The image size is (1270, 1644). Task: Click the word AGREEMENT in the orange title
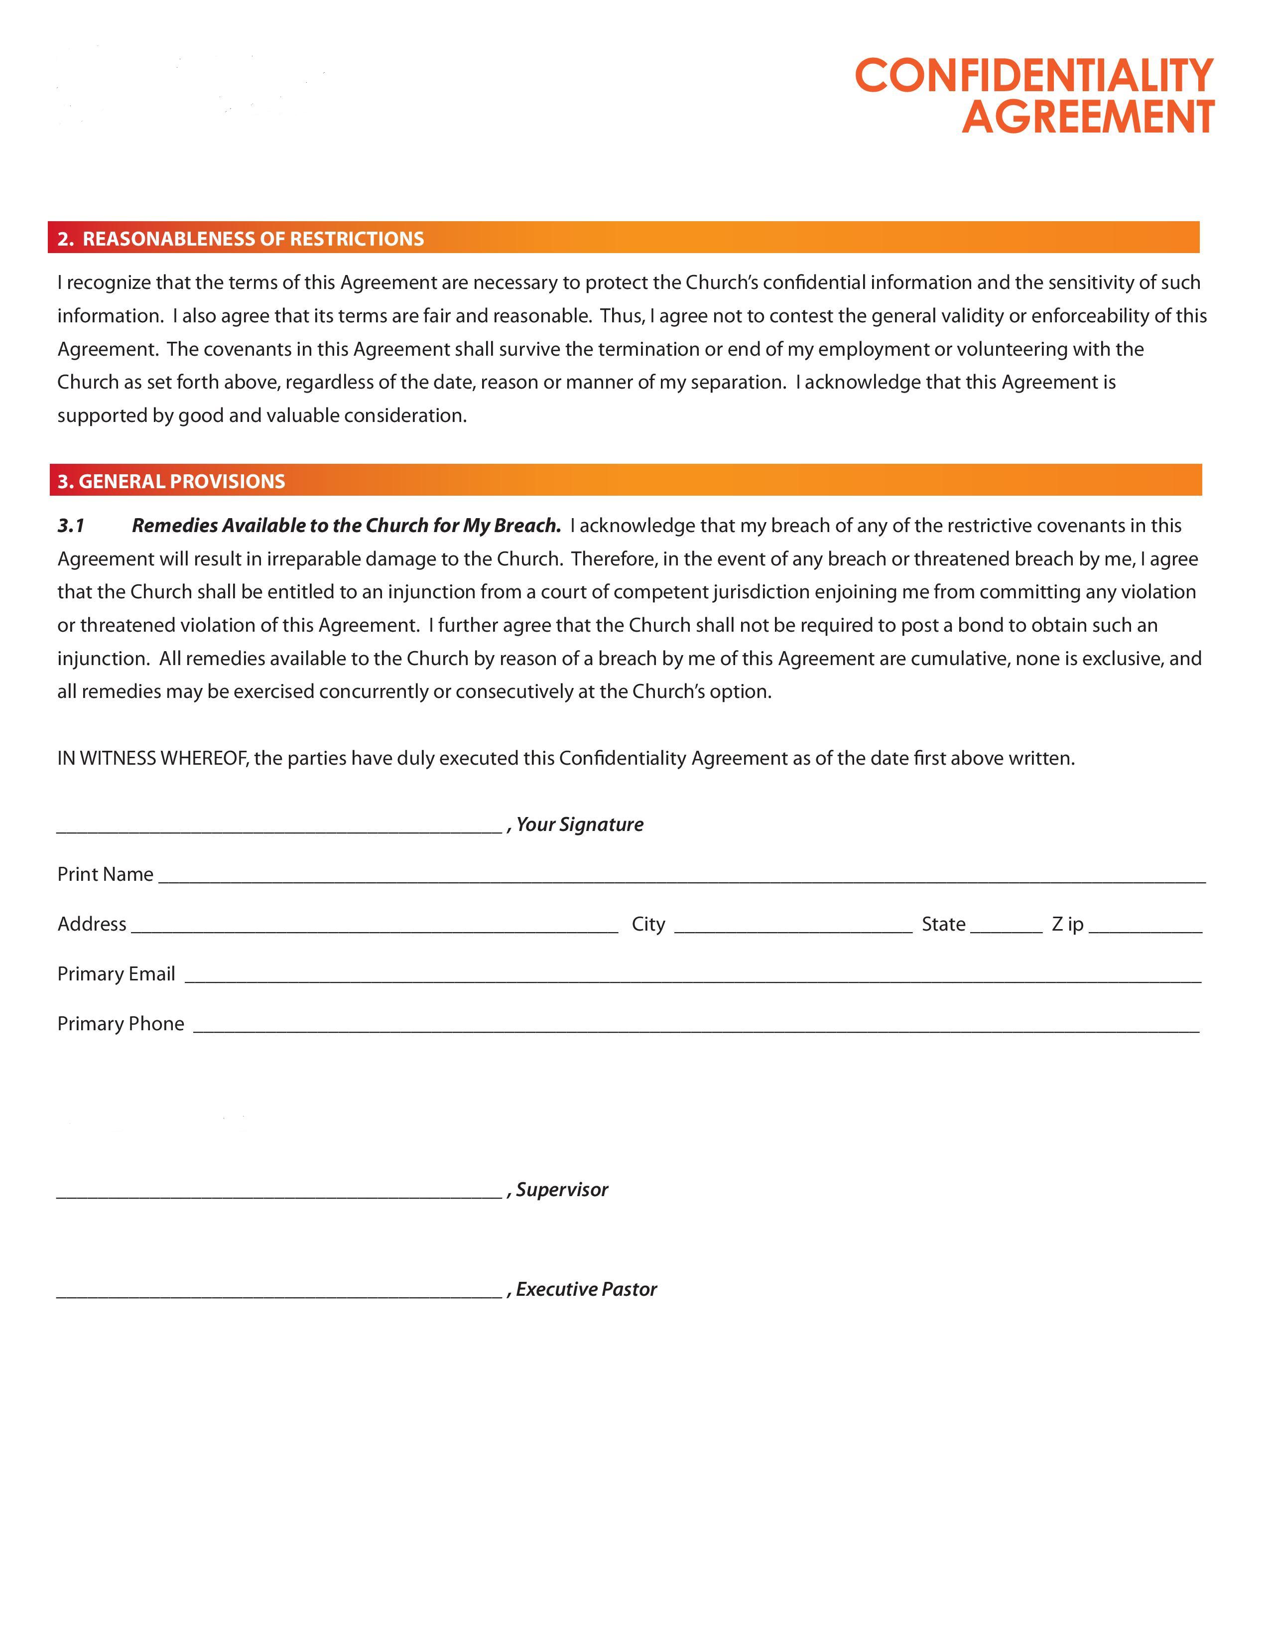1088,118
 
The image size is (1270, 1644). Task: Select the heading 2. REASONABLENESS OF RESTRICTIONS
241,239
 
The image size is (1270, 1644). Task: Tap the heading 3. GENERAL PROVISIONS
171,481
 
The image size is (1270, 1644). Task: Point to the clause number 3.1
71,526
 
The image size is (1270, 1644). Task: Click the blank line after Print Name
681,879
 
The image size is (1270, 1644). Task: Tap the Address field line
374,930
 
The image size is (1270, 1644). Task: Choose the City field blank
793,930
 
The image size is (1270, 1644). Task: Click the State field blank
1006,930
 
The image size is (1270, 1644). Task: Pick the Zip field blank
1145,930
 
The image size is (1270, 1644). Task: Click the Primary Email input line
692,979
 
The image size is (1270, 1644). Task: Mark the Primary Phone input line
696,1029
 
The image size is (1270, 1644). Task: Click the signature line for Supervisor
278,1195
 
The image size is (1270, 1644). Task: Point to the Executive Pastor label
586,1289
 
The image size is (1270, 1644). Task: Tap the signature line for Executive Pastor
278,1295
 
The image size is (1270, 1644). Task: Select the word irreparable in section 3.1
314,558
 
